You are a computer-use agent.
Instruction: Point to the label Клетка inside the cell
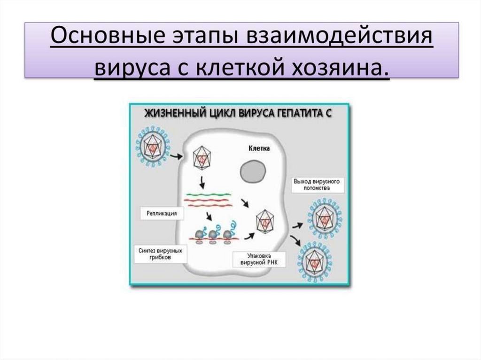[x=259, y=149]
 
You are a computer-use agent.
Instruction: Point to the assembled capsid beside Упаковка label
[x=266, y=221]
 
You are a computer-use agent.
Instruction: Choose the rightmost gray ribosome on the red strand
[x=229, y=235]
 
